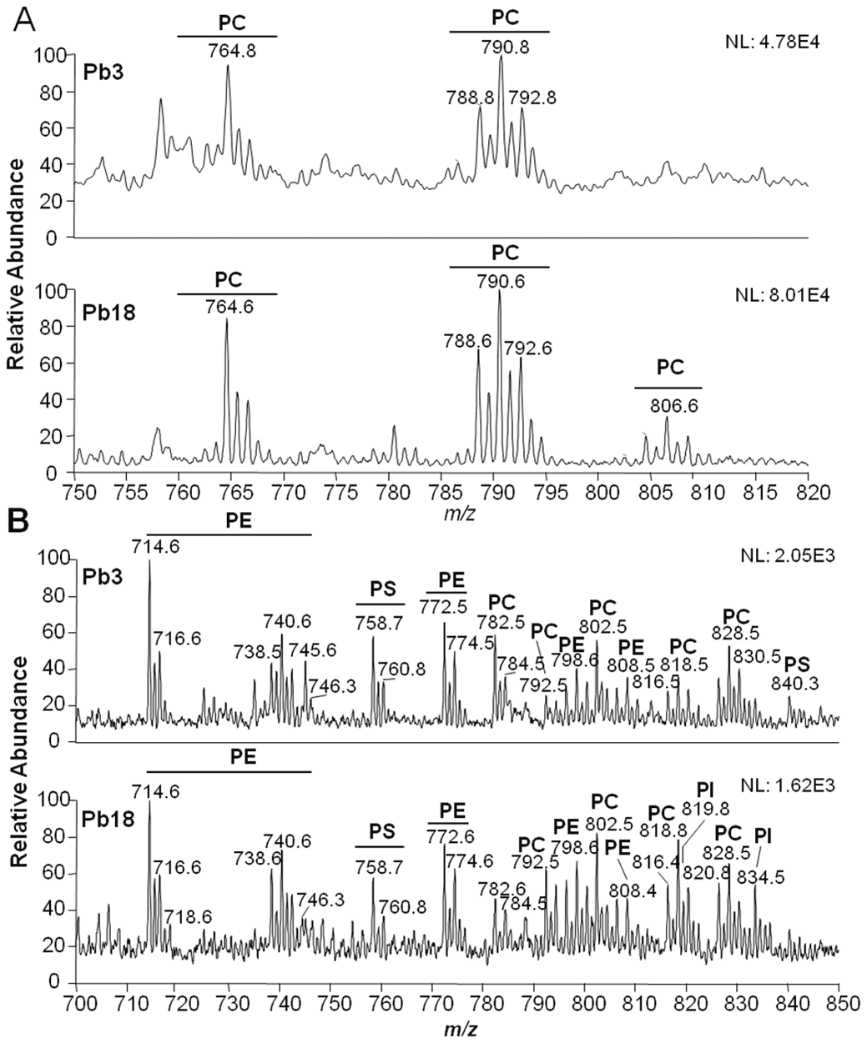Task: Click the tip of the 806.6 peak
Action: [x=667, y=418]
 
